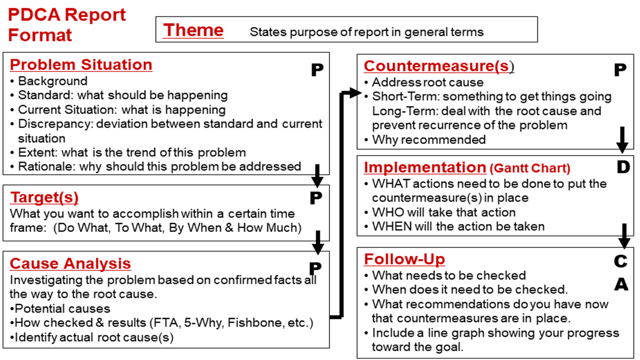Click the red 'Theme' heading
click(x=193, y=30)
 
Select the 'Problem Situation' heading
click(x=81, y=64)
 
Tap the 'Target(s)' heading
click(x=44, y=197)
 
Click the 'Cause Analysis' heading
click(x=70, y=263)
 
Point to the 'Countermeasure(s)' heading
click(x=439, y=66)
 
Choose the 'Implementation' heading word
click(x=425, y=167)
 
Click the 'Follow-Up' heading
click(x=404, y=259)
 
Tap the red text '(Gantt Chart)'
click(x=530, y=168)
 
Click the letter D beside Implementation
click(x=623, y=167)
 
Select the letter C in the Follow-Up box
click(x=620, y=261)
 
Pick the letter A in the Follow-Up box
click(x=621, y=284)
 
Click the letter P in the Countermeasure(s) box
click(x=620, y=69)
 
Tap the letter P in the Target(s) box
click(x=316, y=197)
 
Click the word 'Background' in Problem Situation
click(x=53, y=81)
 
